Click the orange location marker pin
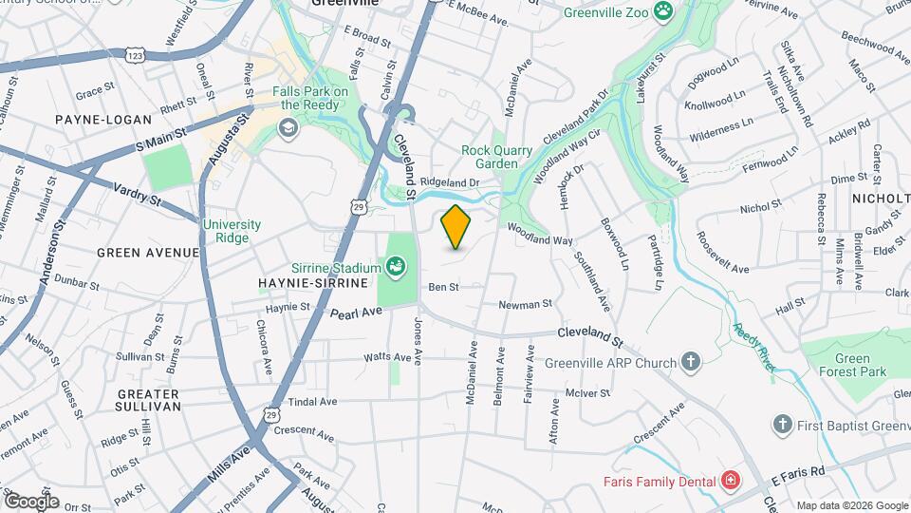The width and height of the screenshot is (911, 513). (x=456, y=227)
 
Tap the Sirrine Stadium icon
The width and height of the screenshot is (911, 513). (x=397, y=269)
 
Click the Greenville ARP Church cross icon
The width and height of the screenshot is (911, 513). (x=691, y=362)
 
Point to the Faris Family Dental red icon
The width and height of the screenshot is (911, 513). (x=729, y=481)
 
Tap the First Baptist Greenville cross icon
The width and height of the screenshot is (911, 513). (x=782, y=424)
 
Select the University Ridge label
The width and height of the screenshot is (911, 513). (x=232, y=231)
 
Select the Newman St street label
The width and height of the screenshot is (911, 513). (x=526, y=304)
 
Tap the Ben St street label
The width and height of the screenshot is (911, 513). (x=443, y=286)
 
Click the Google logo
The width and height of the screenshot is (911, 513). (x=31, y=501)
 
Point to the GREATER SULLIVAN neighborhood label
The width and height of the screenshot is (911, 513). (x=148, y=400)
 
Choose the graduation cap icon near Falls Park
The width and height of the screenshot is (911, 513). (x=286, y=127)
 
